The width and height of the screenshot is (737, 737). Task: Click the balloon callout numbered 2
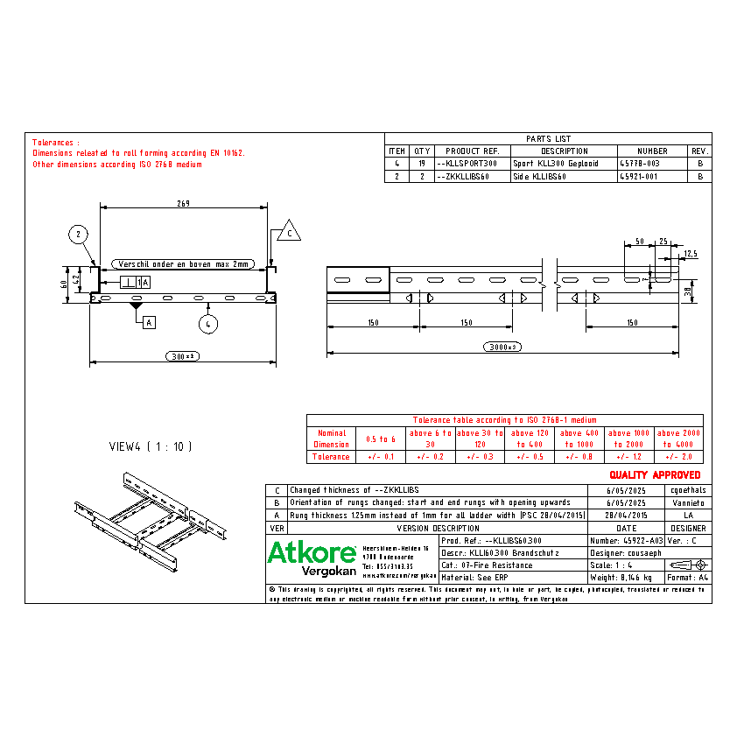tap(78, 234)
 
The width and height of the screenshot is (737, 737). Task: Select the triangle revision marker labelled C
tap(288, 233)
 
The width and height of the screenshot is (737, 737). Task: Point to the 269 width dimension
tap(183, 203)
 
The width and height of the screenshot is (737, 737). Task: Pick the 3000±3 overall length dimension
tap(502, 347)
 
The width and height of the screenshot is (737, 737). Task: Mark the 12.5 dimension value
tap(691, 254)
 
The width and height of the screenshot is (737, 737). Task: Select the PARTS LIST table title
tap(548, 138)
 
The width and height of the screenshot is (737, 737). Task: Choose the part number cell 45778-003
tap(638, 164)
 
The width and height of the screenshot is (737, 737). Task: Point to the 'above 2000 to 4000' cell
tap(679, 438)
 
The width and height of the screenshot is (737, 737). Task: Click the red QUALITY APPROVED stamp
tap(655, 474)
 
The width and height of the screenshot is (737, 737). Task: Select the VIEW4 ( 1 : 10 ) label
tap(150, 446)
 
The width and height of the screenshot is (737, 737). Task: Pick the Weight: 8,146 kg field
tap(621, 578)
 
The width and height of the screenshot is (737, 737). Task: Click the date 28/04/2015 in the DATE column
tap(626, 516)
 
